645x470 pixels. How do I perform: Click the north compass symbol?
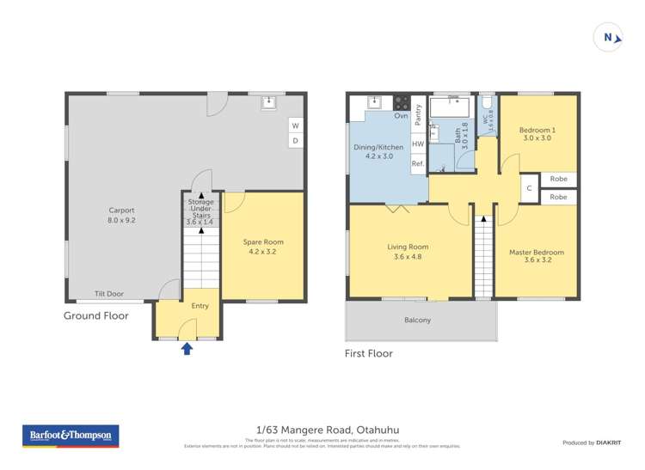[x=609, y=37]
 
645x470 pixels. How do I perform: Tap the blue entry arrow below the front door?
[x=187, y=348]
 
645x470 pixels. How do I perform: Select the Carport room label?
[x=121, y=215]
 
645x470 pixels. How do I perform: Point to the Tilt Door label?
[x=109, y=294]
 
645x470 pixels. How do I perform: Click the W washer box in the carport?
[x=295, y=125]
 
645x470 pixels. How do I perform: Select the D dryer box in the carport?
[x=295, y=140]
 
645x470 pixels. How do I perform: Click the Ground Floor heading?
[x=96, y=316]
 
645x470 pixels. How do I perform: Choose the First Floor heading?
[x=368, y=353]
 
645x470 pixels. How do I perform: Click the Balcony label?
[x=417, y=320]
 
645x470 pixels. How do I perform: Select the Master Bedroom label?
[x=537, y=257]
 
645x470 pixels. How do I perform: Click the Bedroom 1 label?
[x=537, y=135]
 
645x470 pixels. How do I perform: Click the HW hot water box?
[x=418, y=144]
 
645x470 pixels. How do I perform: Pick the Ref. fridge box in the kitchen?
[x=418, y=163]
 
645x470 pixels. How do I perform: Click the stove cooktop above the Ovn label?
[x=401, y=102]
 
